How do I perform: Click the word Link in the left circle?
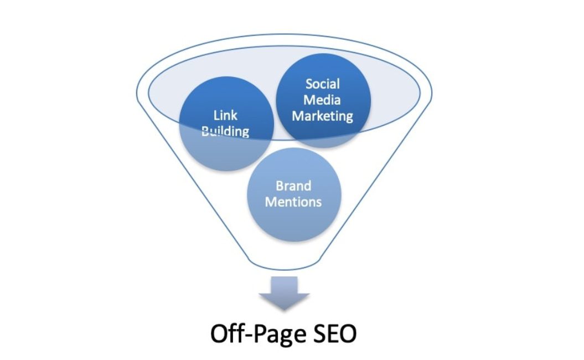[225, 115]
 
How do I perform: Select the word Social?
[323, 84]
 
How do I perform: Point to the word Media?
[323, 100]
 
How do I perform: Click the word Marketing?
[323, 116]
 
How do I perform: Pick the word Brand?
[293, 186]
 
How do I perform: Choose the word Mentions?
[293, 202]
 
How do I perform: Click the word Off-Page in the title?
[256, 334]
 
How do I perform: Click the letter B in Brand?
[280, 186]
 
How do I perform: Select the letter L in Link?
[216, 115]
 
